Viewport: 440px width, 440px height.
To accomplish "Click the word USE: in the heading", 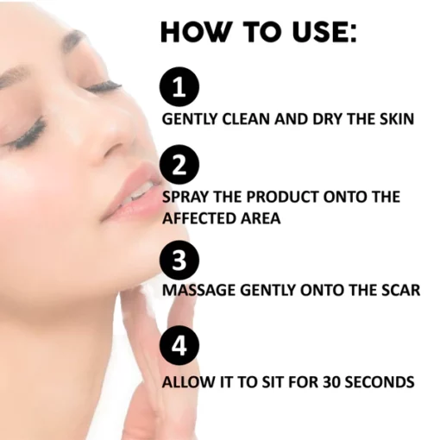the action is click(x=324, y=32).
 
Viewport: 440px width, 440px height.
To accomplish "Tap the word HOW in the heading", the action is click(x=196, y=32).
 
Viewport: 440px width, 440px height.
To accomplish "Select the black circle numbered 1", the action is click(x=179, y=87).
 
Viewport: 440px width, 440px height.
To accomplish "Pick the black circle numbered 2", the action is click(x=179, y=165).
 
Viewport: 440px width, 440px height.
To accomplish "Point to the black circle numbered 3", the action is click(x=179, y=261).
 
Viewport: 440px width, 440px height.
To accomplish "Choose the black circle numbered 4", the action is click(x=179, y=345).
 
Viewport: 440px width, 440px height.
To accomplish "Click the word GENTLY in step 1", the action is click(x=190, y=119).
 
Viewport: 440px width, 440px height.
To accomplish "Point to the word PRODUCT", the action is click(x=282, y=197).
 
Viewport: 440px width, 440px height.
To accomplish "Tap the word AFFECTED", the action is click(x=199, y=218).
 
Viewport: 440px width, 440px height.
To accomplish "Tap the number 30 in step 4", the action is click(x=331, y=382).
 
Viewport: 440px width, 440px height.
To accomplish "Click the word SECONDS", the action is click(x=380, y=382).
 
